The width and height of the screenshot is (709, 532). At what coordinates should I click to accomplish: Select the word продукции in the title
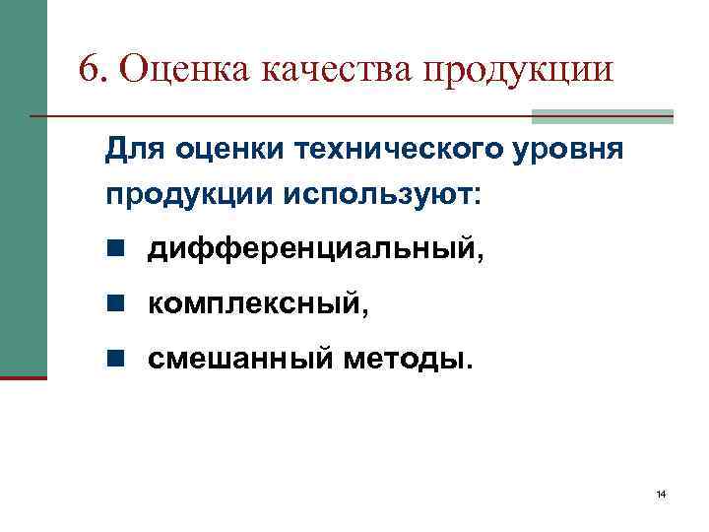tap(518, 71)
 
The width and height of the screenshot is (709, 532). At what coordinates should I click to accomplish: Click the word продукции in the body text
tap(187, 194)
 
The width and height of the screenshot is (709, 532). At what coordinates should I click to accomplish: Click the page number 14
tap(661, 494)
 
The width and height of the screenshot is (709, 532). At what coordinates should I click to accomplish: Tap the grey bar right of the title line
tap(602, 116)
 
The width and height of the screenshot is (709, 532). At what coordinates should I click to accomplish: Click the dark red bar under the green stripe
tap(23, 377)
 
